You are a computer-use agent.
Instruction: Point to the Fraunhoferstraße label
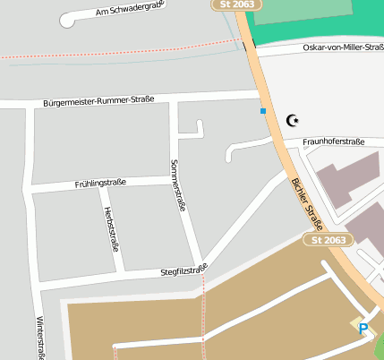pos(333,141)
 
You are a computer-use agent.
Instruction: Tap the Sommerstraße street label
pos(177,185)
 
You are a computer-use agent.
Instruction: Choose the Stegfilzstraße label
pos(183,268)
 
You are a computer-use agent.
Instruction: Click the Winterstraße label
pos(40,337)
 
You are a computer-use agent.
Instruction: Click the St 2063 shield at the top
pos(237,4)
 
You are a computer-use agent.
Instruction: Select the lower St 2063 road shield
pos(329,240)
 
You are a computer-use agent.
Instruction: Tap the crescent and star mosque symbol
pos(291,119)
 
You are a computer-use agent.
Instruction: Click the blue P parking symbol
pos(363,329)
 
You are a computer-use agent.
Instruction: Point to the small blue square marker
pos(263,111)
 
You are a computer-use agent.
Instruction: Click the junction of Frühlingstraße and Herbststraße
pos(100,188)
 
